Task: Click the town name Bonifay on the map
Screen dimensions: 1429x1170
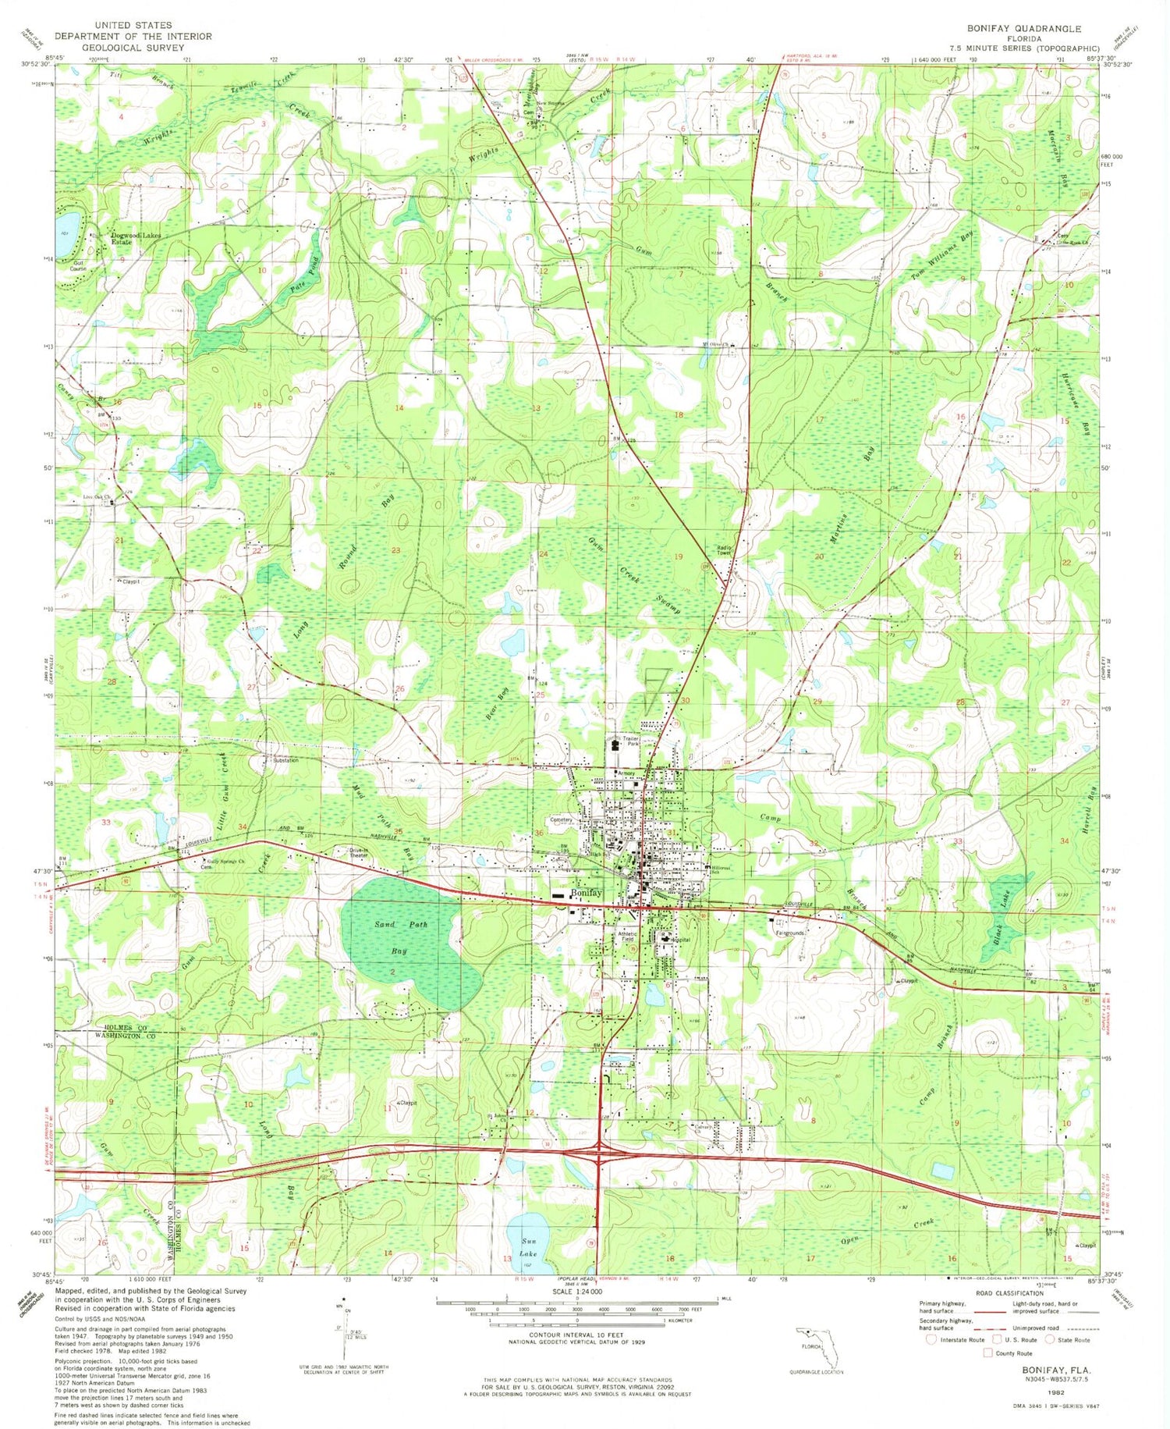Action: pyautogui.click(x=586, y=893)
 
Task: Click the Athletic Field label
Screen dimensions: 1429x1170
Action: pyautogui.click(x=627, y=937)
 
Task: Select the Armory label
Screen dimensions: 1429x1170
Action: pyautogui.click(x=626, y=773)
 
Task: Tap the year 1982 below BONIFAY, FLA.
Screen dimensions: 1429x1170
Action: pyautogui.click(x=1057, y=1391)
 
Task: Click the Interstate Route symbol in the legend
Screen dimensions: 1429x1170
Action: pyautogui.click(x=931, y=1339)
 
